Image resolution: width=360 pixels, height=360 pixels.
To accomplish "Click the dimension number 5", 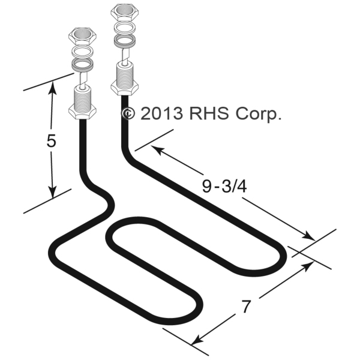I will pos(52,142).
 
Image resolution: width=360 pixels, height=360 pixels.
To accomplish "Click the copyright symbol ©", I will pos(128,114).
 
